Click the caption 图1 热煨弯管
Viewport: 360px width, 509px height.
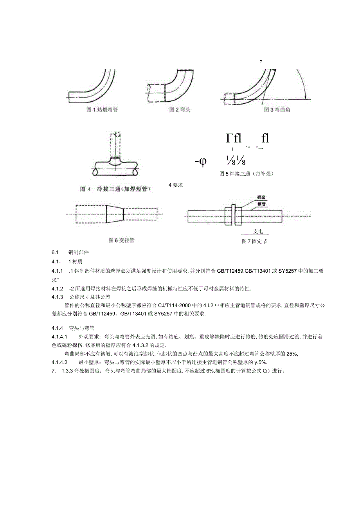pos(102,110)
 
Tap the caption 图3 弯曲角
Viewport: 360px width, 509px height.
pos(277,110)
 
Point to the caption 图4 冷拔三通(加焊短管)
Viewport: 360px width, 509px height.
pos(116,189)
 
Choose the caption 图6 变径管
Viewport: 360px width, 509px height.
pos(121,240)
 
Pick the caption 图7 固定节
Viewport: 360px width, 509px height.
pos(254,241)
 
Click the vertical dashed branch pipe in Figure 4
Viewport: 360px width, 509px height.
pos(116,145)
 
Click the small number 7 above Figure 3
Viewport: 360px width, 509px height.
pos(260,61)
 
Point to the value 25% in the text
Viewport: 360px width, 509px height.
pos(292,354)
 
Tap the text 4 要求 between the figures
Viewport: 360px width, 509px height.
pos(176,185)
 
